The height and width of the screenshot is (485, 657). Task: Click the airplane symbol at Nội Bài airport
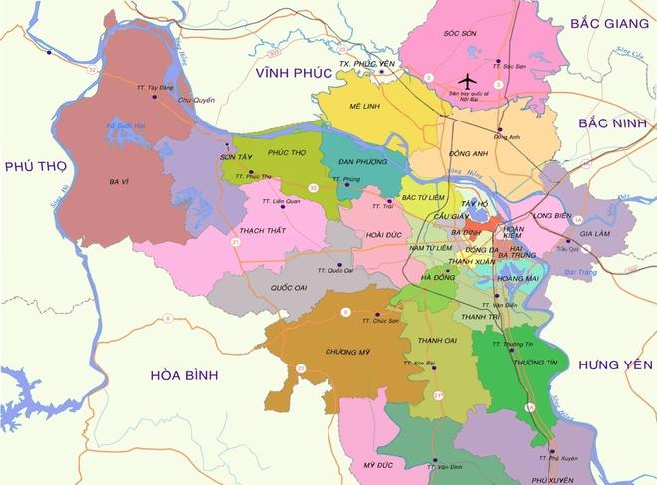coord(466,81)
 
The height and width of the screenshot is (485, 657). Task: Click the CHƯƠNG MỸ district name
coord(347,352)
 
